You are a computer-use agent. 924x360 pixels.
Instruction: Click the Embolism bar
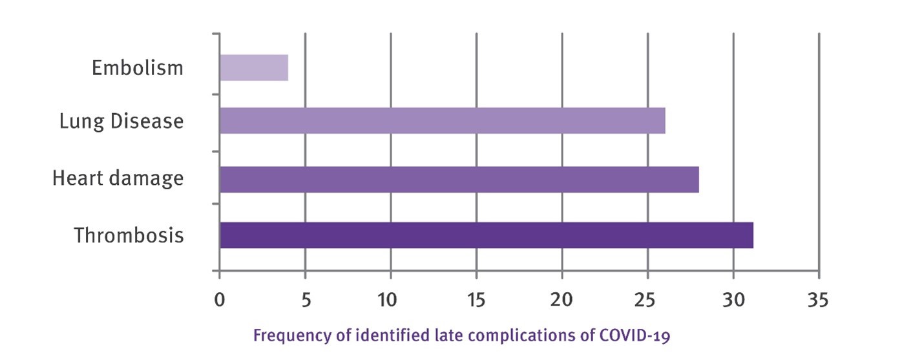tap(253, 68)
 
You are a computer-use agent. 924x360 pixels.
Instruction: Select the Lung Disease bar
tap(442, 121)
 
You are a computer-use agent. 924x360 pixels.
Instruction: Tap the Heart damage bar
tap(459, 179)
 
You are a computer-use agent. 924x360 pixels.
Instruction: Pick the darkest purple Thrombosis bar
tap(486, 235)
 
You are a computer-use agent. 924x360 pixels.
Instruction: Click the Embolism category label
tap(137, 68)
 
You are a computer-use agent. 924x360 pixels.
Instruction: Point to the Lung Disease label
tap(121, 121)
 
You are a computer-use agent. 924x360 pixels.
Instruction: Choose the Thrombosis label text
tap(129, 235)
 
